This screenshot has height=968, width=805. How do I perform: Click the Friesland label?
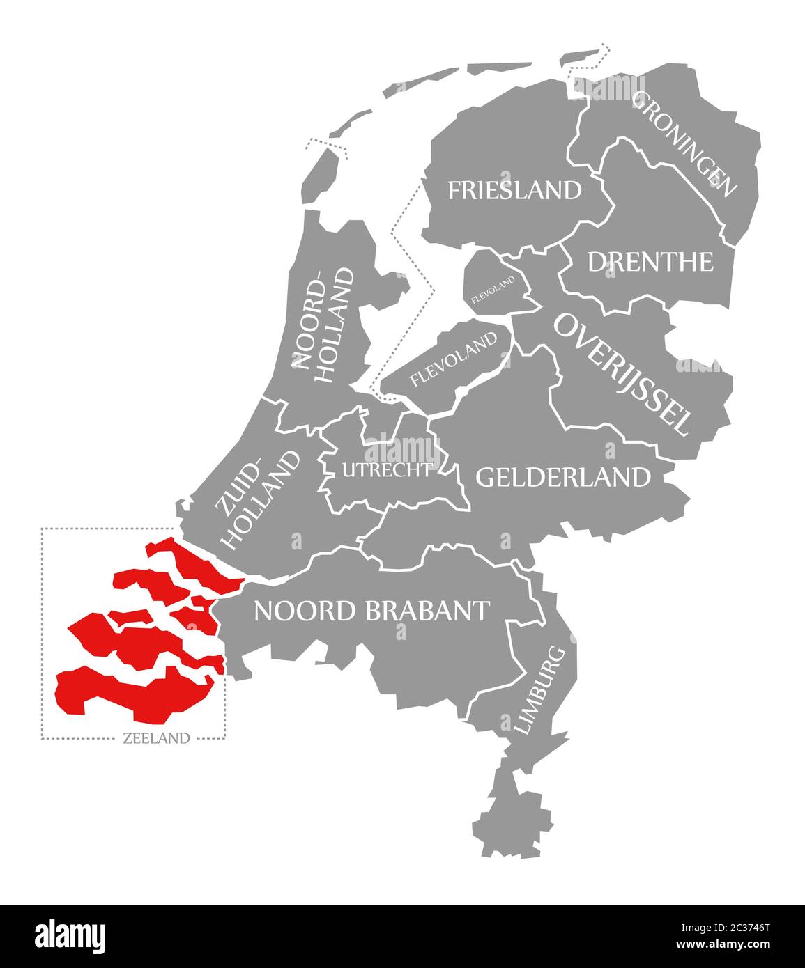pyautogui.click(x=514, y=189)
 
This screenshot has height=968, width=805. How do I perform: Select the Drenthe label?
pyautogui.click(x=650, y=262)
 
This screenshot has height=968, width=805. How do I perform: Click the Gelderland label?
pyautogui.click(x=562, y=477)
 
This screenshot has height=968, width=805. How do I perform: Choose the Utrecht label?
pyautogui.click(x=386, y=470)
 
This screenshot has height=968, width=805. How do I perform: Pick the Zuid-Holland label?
pyautogui.click(x=259, y=498)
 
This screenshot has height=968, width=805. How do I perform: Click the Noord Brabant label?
pyautogui.click(x=371, y=611)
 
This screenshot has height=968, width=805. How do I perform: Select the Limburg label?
pyautogui.click(x=538, y=690)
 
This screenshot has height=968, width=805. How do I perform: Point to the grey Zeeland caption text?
pyautogui.click(x=156, y=738)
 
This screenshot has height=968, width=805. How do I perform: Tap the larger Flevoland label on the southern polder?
pyautogui.click(x=454, y=359)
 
